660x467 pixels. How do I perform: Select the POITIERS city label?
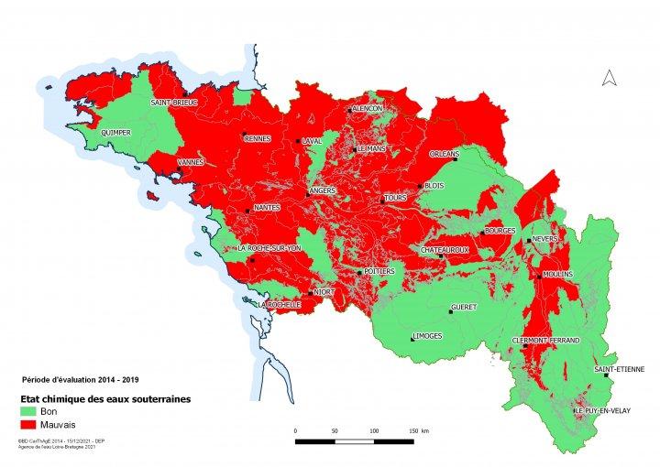coord(379,272)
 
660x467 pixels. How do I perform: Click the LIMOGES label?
coord(427,336)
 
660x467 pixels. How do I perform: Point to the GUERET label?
coord(465,307)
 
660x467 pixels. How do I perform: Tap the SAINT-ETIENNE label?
coord(619,369)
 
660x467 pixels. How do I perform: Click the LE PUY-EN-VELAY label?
coord(606,411)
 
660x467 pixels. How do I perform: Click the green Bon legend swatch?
coord(33,412)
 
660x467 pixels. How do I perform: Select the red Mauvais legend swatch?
coord(33,425)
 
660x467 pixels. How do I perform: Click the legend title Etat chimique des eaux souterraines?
coord(99,399)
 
